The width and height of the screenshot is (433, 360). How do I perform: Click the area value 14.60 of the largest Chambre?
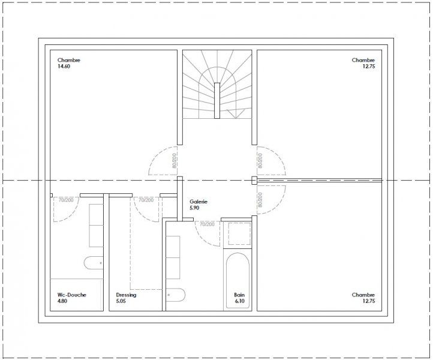click(x=64, y=67)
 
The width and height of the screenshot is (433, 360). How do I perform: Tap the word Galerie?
click(x=199, y=202)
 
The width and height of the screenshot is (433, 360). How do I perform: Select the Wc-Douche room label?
click(x=72, y=295)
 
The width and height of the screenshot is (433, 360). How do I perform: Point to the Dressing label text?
click(x=126, y=295)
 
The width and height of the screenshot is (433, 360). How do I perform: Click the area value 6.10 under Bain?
click(x=239, y=301)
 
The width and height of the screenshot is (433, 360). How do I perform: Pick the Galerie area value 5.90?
click(x=194, y=208)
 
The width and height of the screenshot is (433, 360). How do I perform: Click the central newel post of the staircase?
click(x=217, y=101)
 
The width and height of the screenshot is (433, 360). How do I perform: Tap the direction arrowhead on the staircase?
click(x=236, y=113)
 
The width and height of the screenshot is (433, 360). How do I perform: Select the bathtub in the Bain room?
click(x=237, y=280)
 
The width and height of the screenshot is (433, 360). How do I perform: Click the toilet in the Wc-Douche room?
click(x=94, y=263)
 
